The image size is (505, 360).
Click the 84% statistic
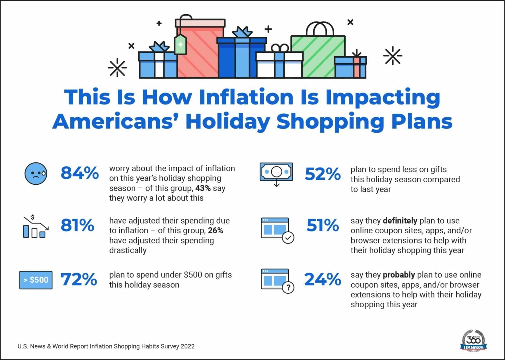[80, 173]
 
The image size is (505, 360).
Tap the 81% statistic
[77, 225]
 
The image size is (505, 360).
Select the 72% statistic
[79, 279]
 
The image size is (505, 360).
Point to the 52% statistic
[323, 174]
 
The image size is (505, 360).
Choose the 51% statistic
[323, 225]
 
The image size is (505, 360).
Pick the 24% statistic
[323, 279]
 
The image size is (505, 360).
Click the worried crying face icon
[36, 173]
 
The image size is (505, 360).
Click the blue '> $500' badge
[36, 280]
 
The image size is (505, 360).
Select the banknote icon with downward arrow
[276, 173]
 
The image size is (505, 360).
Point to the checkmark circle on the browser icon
[288, 237]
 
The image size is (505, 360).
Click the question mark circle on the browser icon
[288, 288]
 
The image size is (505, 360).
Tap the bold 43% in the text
[203, 188]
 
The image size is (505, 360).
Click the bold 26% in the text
[216, 231]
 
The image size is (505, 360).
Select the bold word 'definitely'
[400, 220]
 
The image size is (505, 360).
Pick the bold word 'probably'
[399, 275]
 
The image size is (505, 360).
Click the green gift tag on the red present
[180, 45]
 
